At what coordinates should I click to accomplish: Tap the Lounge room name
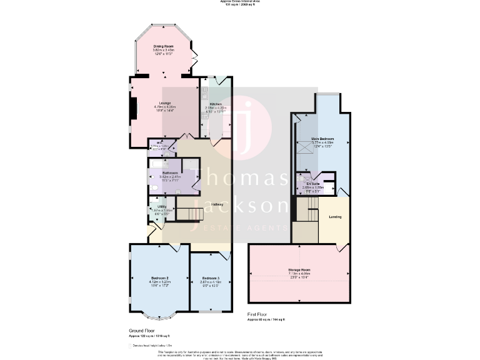pyautogui.click(x=165, y=103)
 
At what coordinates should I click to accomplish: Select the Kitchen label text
pyautogui.click(x=216, y=104)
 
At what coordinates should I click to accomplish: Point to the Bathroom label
pyautogui.click(x=170, y=172)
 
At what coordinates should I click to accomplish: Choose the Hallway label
pyautogui.click(x=217, y=204)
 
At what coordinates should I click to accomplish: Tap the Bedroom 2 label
pyautogui.click(x=160, y=277)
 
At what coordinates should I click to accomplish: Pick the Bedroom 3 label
pyautogui.click(x=211, y=277)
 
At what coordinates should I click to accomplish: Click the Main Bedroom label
pyautogui.click(x=322, y=139)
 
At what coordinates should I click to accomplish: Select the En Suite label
pyautogui.click(x=321, y=183)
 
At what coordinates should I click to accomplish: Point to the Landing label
pyautogui.click(x=335, y=217)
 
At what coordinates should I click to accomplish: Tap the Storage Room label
pyautogui.click(x=299, y=269)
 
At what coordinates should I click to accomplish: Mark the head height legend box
pyautogui.click(x=131, y=344)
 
